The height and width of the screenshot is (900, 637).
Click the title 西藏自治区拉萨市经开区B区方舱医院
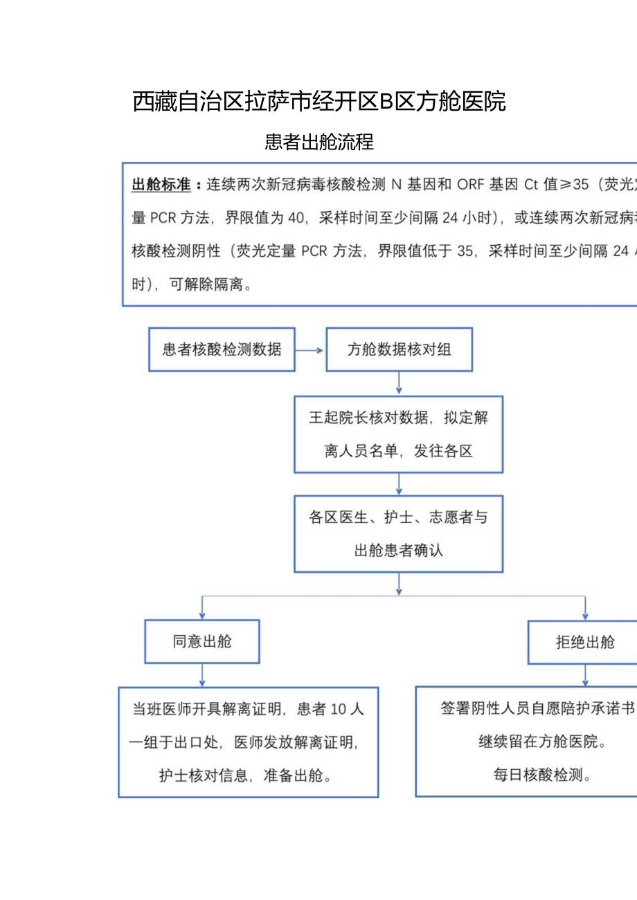(x=319, y=102)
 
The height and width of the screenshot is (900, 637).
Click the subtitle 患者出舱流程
(x=319, y=143)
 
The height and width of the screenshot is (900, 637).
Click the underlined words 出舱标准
(x=161, y=185)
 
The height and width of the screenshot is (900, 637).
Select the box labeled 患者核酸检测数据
(x=222, y=349)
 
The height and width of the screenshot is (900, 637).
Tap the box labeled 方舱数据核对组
(x=399, y=349)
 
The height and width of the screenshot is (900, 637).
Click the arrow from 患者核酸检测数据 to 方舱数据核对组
(x=309, y=350)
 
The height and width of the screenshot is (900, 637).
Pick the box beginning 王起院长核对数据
(x=398, y=434)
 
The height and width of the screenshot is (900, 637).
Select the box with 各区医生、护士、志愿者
(x=398, y=533)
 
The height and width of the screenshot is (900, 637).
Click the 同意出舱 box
(x=202, y=642)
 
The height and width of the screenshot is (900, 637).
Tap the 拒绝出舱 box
(x=585, y=642)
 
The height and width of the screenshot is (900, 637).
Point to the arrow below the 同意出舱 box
(x=202, y=674)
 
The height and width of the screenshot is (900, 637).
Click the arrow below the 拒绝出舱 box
(x=585, y=674)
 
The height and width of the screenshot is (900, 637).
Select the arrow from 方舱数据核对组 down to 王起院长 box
(x=399, y=383)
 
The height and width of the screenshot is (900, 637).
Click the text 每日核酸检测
(x=542, y=775)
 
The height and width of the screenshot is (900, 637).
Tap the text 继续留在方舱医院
(x=542, y=742)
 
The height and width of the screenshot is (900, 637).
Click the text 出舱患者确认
(x=398, y=551)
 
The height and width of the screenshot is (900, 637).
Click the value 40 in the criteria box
(x=297, y=219)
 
